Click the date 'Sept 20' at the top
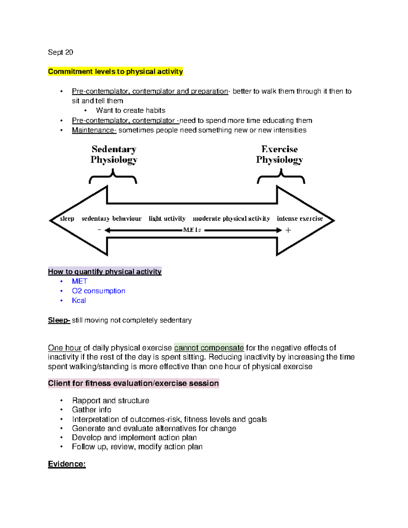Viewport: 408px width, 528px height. point(61,52)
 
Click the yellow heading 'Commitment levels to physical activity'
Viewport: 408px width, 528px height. point(115,71)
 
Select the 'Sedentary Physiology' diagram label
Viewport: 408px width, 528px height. point(114,154)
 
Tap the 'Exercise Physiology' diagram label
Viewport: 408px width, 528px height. point(279,154)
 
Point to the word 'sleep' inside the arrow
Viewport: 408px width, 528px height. point(67,219)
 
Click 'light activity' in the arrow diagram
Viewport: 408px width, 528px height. point(167,219)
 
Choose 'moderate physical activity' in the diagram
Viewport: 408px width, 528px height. point(231,219)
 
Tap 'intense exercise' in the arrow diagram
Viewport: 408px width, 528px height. point(300,219)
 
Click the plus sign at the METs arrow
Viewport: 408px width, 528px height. point(288,230)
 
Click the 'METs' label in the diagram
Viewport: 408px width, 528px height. point(192,230)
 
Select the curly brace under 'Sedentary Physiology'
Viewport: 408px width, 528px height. point(113,177)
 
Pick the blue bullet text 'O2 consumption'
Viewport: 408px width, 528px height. point(98,291)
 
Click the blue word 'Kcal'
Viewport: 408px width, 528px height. point(79,301)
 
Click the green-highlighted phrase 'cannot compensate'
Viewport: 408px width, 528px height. point(209,348)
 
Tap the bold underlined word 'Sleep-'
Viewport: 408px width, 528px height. point(59,320)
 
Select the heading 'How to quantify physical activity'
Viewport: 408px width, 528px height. point(105,272)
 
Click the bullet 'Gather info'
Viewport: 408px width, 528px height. point(91,410)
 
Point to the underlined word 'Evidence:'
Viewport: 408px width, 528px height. point(67,464)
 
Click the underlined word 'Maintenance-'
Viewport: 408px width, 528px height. point(94,130)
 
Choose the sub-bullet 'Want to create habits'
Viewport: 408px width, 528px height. point(131,110)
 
